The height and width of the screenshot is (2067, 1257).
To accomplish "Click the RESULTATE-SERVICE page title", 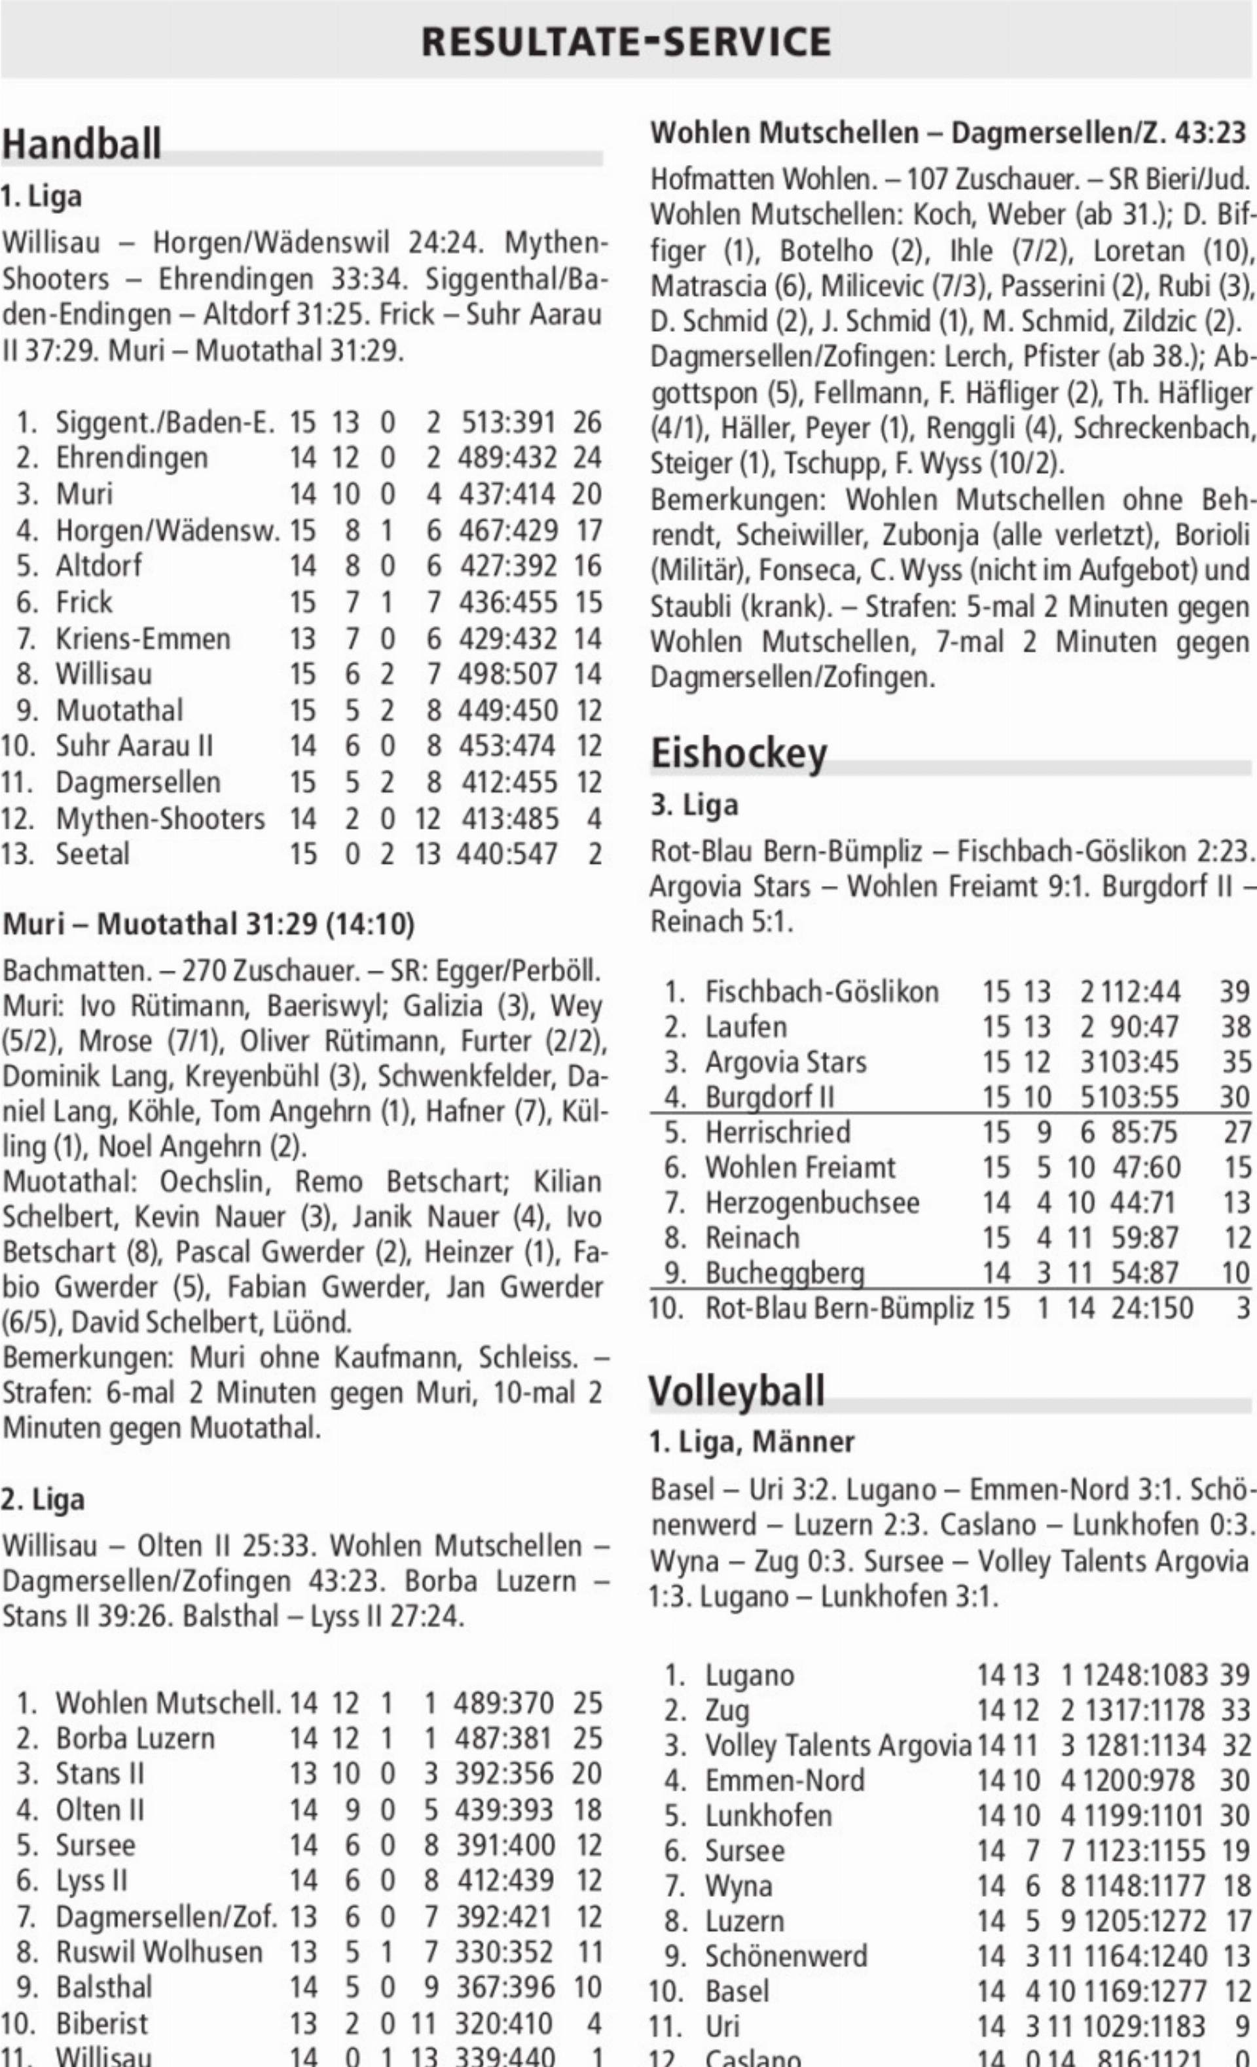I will pyautogui.click(x=626, y=41).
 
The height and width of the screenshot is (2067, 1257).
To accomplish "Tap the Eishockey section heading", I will pyautogui.click(x=738, y=752).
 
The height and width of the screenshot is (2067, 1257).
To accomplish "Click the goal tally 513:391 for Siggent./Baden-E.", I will pyautogui.click(x=509, y=422).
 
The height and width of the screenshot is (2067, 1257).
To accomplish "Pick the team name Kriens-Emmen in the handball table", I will pyautogui.click(x=143, y=639).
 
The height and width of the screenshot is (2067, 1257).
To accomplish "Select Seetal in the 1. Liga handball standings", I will pyautogui.click(x=92, y=854).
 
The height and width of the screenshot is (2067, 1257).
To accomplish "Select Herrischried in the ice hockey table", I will pyautogui.click(x=777, y=1132).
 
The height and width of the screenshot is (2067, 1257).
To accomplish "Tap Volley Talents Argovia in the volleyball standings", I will pyautogui.click(x=837, y=1746).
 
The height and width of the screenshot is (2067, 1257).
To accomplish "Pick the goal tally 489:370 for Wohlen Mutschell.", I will pyautogui.click(x=503, y=1703).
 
